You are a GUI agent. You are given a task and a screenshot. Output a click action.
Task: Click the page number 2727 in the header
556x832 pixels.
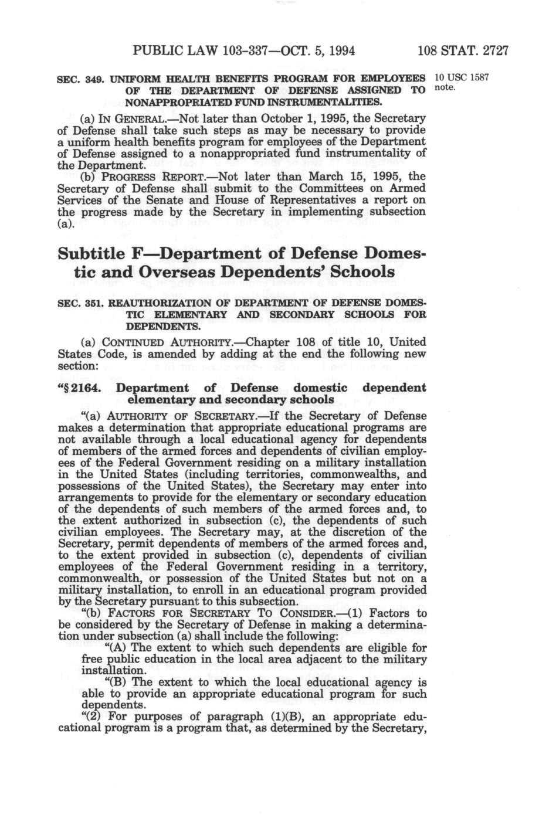point(491,51)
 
